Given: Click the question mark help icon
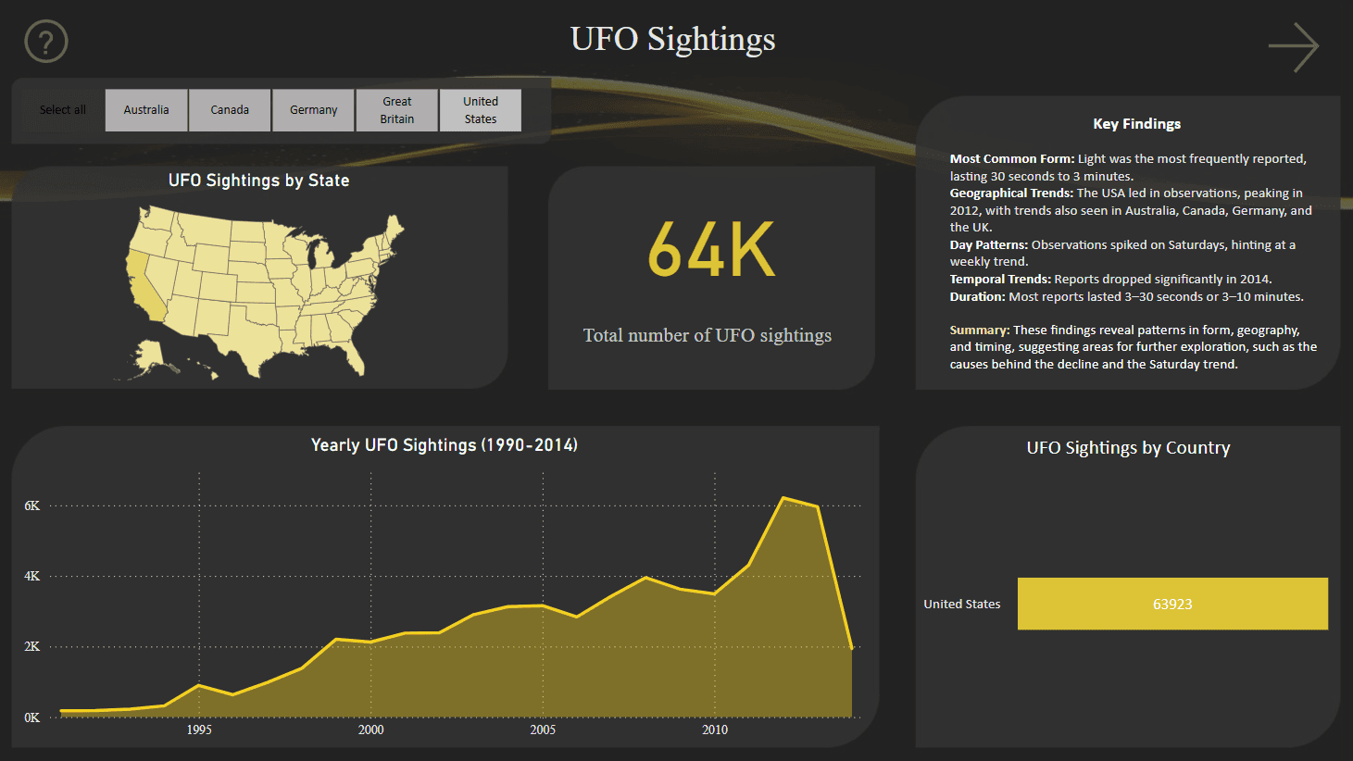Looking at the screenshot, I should [46, 42].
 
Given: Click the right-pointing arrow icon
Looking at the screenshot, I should [1294, 47].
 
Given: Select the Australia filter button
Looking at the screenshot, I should [146, 110].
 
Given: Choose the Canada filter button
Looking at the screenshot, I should [230, 110].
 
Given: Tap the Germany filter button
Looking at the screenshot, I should [313, 110].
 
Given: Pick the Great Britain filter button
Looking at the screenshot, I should [396, 110].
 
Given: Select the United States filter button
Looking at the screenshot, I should [480, 110].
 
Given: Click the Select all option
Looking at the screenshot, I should [62, 110].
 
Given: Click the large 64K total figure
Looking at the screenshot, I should [711, 250].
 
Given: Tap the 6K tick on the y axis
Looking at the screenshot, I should [32, 505].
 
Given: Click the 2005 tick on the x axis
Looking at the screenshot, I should [543, 730].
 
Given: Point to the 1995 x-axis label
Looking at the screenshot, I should [199, 730].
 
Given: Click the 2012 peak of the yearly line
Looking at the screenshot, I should [783, 498].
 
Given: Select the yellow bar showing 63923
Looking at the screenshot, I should [1172, 604].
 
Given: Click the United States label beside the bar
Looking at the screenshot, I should [961, 605].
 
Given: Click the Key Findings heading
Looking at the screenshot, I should [1136, 124].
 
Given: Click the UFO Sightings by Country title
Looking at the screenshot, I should [1128, 448].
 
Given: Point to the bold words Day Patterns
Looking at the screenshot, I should [988, 245].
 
